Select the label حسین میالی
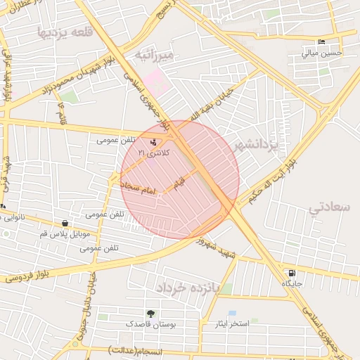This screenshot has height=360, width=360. point(322,52)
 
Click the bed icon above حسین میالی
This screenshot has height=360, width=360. point(321,41)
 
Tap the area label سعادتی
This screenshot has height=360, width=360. point(329,207)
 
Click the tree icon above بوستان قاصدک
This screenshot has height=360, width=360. point(150,313)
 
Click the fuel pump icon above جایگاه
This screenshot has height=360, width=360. point(291,273)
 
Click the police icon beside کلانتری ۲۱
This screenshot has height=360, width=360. point(154,142)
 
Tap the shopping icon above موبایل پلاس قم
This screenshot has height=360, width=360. point(65,223)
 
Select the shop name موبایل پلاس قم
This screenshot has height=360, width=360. point(65,233)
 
